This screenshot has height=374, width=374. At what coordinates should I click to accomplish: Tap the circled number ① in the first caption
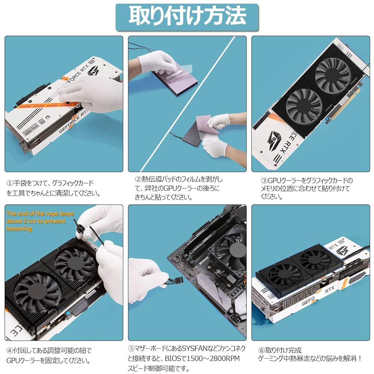10,183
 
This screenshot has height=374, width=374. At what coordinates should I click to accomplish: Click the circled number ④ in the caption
10,351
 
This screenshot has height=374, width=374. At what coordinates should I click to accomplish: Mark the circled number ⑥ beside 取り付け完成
261,351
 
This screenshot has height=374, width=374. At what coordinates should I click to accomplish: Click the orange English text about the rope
39,221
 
